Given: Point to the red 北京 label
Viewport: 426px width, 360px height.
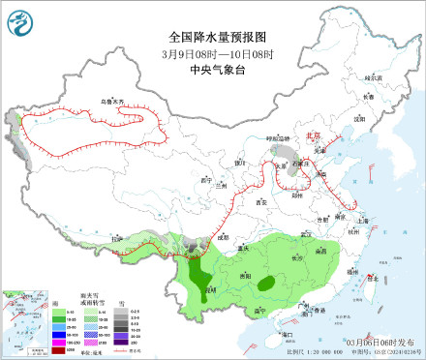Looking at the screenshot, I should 312,137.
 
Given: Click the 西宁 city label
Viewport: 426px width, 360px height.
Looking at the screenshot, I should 203,179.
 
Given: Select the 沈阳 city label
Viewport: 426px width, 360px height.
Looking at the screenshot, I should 360,118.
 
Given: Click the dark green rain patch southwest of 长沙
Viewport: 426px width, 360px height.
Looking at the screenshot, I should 265,284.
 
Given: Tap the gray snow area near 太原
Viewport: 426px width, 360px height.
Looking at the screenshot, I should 287,155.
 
